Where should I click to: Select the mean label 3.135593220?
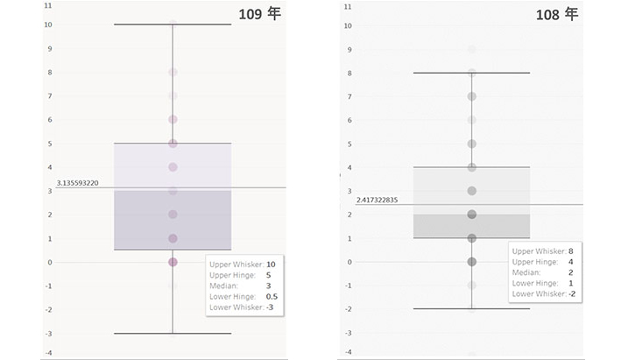(77, 182)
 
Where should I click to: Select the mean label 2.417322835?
(377, 201)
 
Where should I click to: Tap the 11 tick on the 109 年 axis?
(47, 5)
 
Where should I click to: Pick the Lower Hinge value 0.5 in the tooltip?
(272, 296)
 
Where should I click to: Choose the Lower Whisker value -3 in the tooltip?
(271, 307)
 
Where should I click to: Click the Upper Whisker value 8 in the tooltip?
(570, 251)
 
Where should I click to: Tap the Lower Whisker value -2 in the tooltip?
(572, 293)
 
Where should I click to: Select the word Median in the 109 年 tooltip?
(223, 286)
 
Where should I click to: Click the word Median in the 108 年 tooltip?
(526, 272)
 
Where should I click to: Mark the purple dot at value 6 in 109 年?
(173, 119)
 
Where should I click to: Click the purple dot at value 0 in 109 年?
(173, 262)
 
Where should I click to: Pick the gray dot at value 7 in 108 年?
(471, 96)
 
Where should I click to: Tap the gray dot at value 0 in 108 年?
(471, 261)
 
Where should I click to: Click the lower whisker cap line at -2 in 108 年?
(438, 308)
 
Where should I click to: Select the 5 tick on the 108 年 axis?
(349, 144)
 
